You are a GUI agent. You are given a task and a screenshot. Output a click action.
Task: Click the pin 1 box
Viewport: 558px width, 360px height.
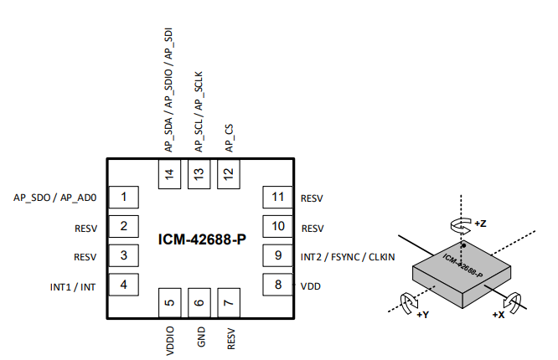click(x=124, y=198)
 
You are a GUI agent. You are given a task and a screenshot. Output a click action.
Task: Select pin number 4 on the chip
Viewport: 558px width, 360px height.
click(x=124, y=285)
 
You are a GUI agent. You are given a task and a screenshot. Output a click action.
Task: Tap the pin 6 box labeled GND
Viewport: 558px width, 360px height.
click(x=199, y=303)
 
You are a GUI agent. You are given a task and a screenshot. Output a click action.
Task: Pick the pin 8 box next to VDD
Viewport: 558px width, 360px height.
click(x=277, y=285)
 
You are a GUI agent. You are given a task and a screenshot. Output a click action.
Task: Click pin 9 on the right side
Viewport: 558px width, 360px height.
click(x=277, y=255)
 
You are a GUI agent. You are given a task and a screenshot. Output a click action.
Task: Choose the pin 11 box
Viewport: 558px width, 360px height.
click(x=277, y=198)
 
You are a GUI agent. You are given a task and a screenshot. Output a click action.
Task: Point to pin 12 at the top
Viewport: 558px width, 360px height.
click(x=228, y=175)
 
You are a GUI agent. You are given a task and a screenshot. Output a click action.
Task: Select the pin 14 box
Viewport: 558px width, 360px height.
click(x=170, y=175)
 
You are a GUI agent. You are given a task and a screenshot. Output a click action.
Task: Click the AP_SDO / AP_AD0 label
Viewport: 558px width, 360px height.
click(x=56, y=198)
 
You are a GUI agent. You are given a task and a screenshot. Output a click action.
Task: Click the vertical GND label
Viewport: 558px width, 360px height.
click(x=199, y=337)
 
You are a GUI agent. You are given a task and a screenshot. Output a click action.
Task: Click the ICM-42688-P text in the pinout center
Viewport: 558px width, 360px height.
click(x=202, y=240)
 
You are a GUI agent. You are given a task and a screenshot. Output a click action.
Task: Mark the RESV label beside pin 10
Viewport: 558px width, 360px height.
click(x=312, y=228)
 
